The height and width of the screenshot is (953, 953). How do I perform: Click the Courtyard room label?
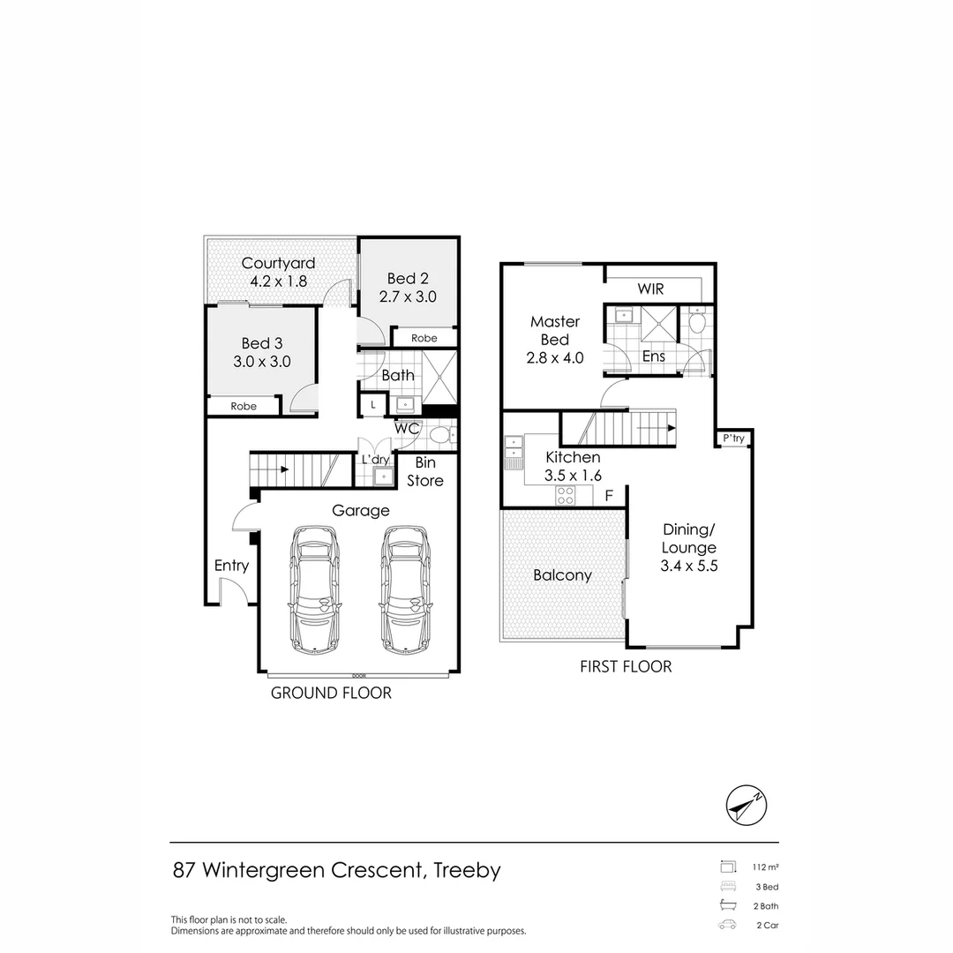(278, 263)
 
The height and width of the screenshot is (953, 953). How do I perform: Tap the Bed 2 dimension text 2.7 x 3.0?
(408, 296)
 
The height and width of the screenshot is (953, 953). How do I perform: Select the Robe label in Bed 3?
(244, 406)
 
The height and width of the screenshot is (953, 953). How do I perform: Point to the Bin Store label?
(424, 472)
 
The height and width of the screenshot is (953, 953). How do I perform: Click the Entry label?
(231, 566)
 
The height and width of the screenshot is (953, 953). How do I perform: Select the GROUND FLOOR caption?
(331, 693)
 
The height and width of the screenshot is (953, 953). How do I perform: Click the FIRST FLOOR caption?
(626, 666)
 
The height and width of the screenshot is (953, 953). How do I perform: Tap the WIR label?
(650, 289)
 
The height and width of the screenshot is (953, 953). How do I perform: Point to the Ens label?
(654, 356)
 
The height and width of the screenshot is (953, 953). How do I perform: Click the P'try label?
(733, 439)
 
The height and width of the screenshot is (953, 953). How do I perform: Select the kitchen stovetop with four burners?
(565, 496)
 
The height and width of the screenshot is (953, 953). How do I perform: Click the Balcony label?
(562, 575)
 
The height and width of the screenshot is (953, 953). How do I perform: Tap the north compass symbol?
(747, 806)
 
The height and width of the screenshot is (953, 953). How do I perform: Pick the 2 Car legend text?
(766, 926)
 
